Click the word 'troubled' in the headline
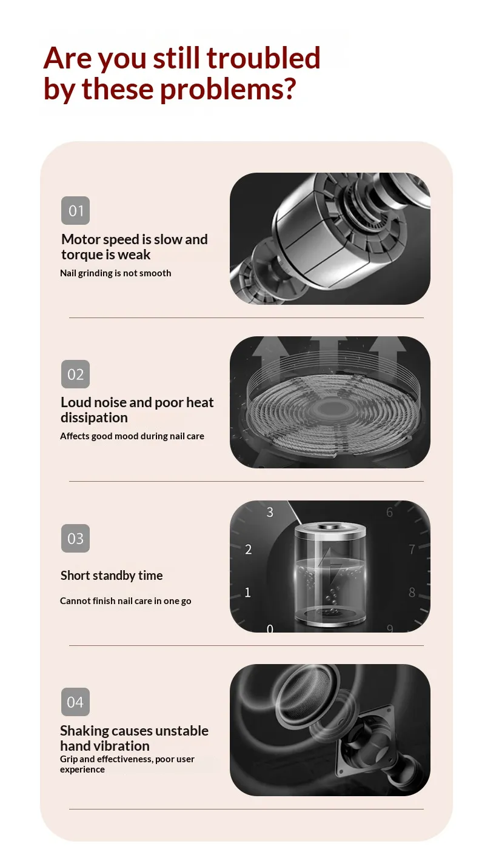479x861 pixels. click(263, 58)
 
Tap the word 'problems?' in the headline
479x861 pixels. click(228, 90)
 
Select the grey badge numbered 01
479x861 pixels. click(75, 211)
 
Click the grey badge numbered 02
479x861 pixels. click(75, 374)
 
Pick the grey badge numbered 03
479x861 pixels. click(75, 538)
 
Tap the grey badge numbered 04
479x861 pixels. click(75, 702)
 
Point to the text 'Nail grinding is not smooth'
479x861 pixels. click(115, 273)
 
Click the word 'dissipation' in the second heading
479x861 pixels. click(94, 418)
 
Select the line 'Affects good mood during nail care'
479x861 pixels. click(132, 436)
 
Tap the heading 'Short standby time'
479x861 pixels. click(112, 576)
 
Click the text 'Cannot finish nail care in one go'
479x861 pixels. click(126, 601)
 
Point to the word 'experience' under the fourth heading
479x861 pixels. click(82, 770)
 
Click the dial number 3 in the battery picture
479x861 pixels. click(270, 513)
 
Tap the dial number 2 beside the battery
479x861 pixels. click(248, 550)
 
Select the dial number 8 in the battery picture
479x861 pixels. click(412, 593)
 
